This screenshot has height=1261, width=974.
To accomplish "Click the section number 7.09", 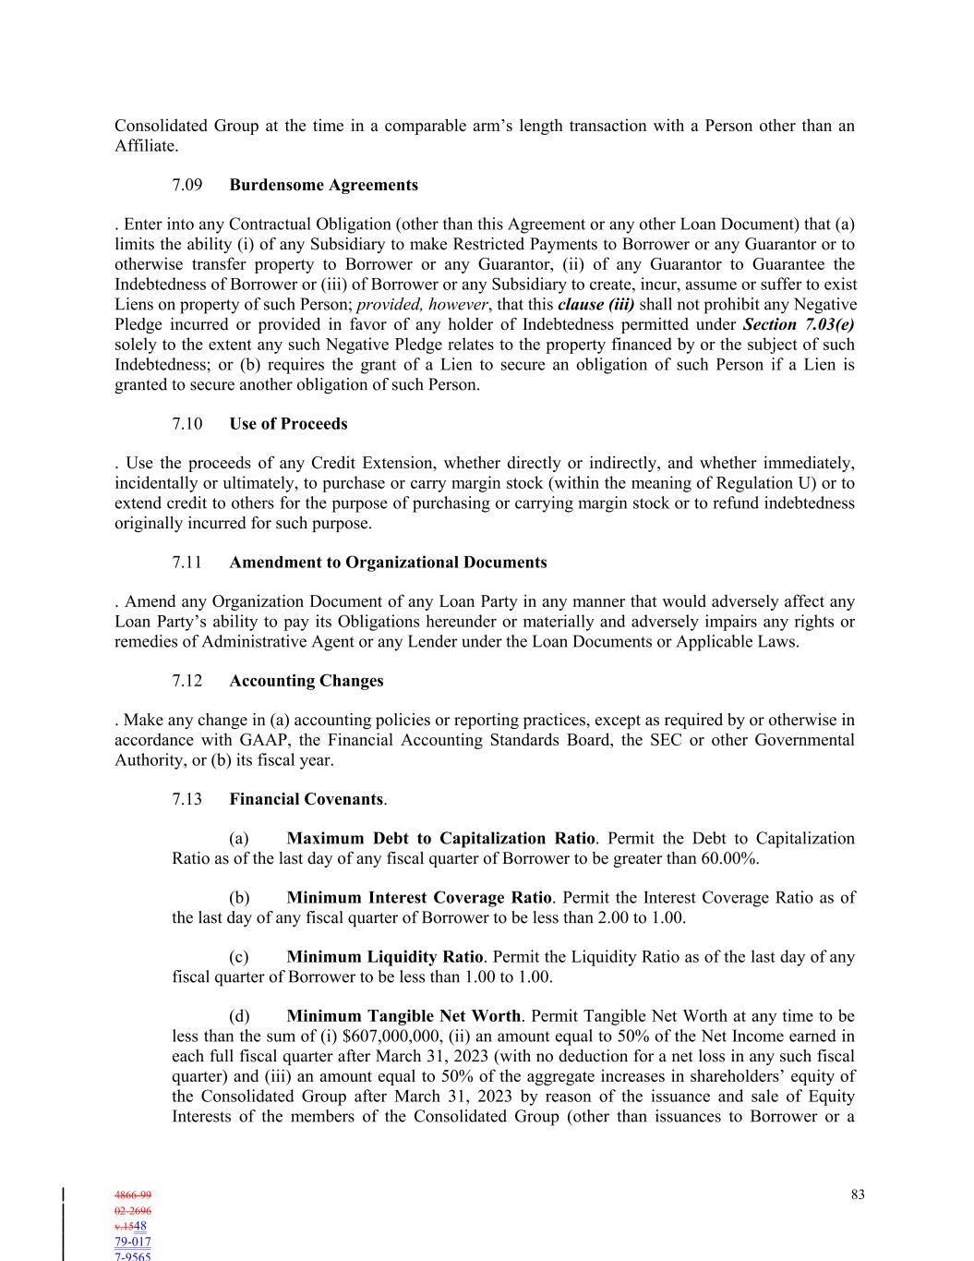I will tap(186, 185).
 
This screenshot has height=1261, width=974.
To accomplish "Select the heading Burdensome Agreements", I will tap(323, 185).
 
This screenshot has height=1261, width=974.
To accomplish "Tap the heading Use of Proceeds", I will tap(288, 424).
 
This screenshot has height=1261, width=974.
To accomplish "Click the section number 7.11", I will tap(186, 563).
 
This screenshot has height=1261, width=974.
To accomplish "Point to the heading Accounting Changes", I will tap(306, 681).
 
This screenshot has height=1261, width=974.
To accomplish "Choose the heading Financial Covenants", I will tap(306, 799).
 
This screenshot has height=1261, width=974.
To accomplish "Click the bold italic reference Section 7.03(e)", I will tap(798, 324).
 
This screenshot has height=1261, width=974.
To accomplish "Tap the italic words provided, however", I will tap(422, 305).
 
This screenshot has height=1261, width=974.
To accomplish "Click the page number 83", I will tap(858, 1194).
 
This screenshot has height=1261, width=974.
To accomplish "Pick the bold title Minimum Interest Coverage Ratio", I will tap(419, 898).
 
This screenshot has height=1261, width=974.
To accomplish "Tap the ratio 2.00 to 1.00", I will tap(636, 917).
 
